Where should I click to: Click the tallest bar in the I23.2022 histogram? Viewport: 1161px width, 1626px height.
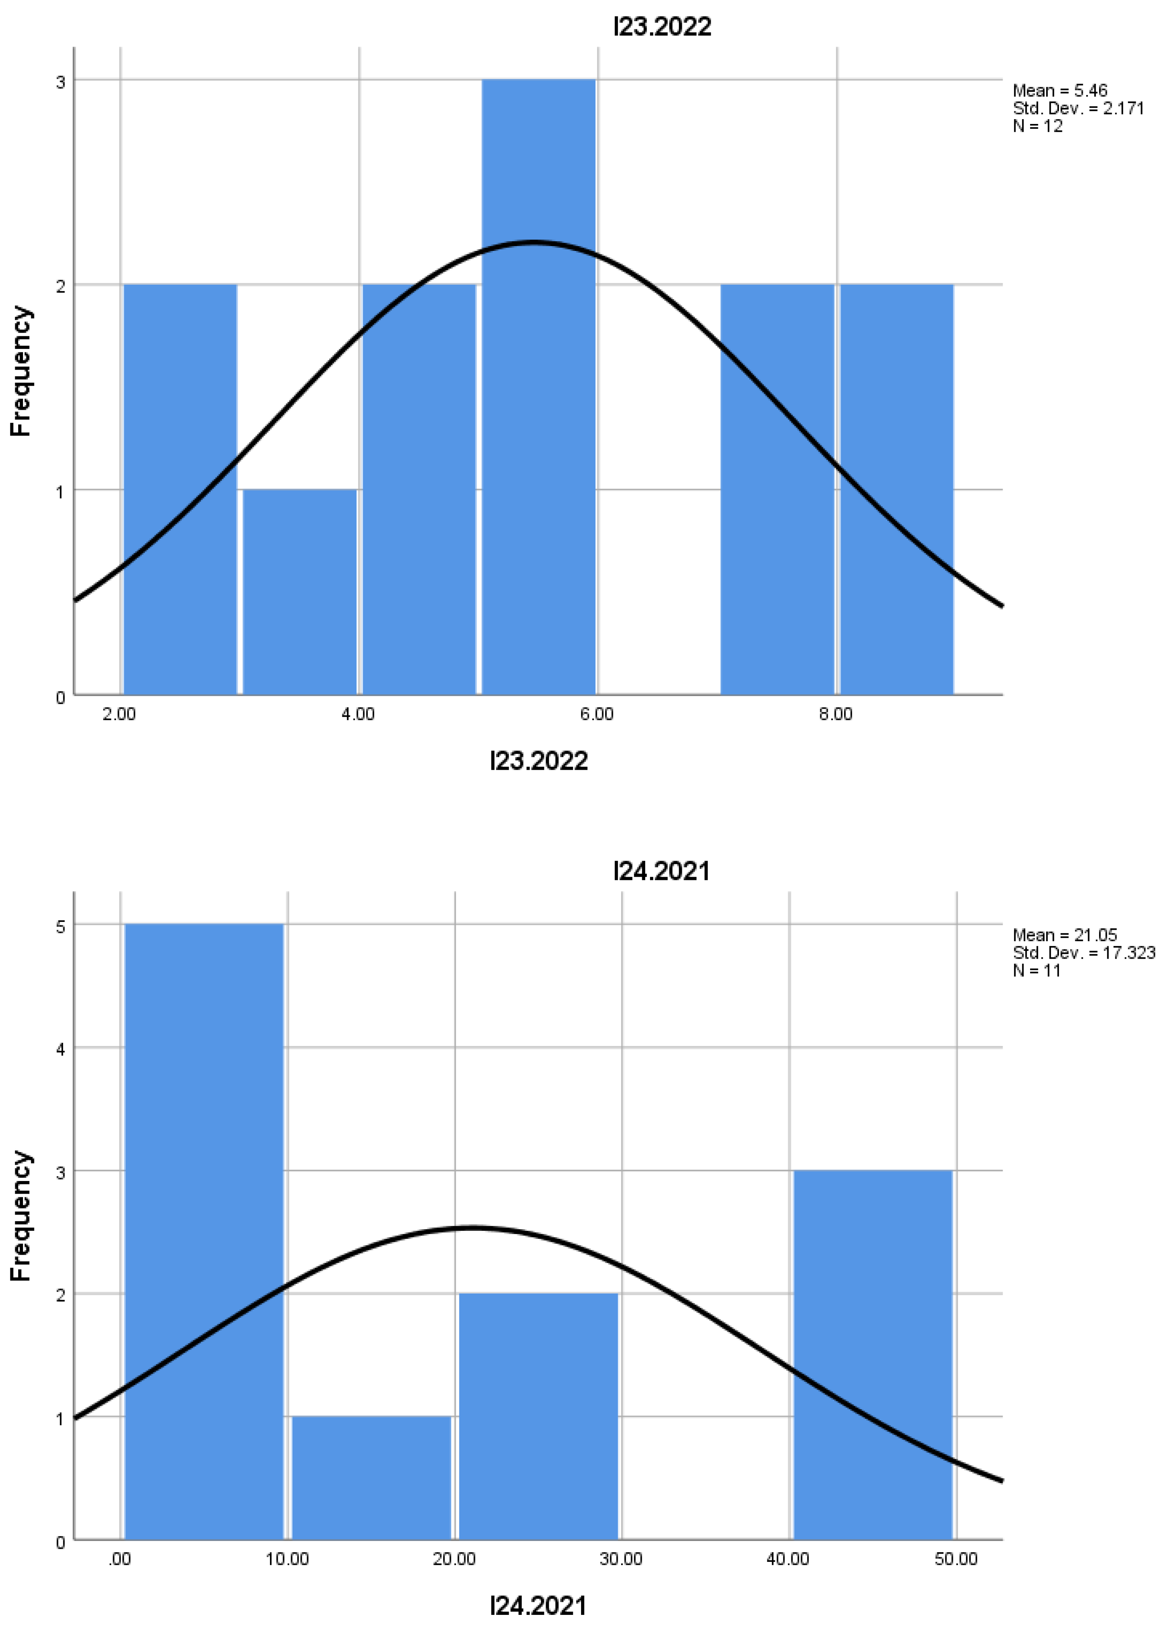point(538,386)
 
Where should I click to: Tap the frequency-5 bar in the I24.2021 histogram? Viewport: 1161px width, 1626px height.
point(204,1230)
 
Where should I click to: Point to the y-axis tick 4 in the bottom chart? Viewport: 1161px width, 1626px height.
point(60,1049)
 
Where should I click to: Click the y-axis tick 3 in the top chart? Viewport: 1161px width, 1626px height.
point(60,82)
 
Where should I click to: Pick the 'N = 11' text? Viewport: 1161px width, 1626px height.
point(1037,971)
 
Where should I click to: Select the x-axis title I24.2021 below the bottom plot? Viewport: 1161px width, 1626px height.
point(538,1606)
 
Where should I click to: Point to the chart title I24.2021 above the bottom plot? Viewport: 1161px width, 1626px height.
point(662,871)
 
